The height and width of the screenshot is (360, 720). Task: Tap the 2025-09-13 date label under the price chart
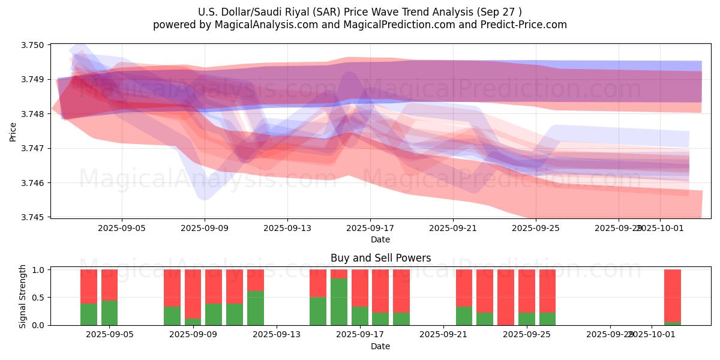point(287,228)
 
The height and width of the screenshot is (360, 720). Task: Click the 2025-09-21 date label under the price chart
point(453,228)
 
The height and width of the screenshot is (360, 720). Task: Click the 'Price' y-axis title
point(13,131)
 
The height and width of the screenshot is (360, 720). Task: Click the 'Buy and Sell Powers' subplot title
point(380,259)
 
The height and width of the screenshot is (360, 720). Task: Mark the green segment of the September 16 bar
point(339,301)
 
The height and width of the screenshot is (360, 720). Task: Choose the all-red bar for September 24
point(506,297)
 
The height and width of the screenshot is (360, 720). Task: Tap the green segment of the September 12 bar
point(256,308)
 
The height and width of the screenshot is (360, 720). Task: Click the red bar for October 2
point(673,295)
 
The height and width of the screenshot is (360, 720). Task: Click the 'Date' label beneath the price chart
point(380,239)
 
